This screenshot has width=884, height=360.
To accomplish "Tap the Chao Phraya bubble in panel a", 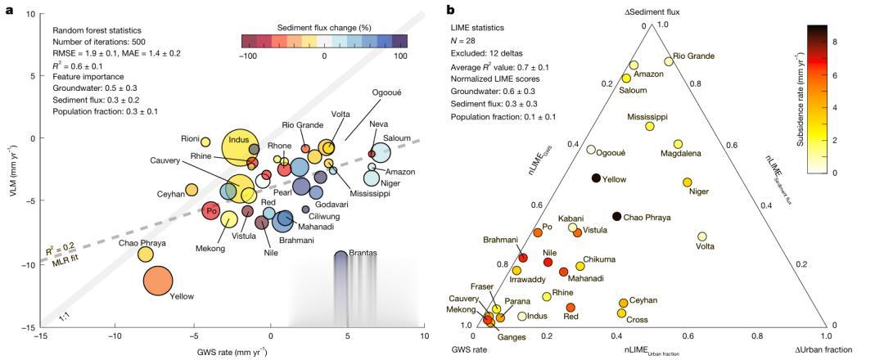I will pos(146,254).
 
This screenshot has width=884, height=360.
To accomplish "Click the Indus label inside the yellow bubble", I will pos(239,140).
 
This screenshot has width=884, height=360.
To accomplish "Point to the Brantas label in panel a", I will pos(363,253).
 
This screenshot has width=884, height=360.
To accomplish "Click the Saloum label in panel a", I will pos(397,138).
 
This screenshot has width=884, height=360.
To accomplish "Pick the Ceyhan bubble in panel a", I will pos(192,190).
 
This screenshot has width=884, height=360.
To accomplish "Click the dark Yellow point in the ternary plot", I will pos(597,178).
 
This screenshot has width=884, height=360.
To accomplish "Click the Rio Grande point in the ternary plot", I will pos(669,61).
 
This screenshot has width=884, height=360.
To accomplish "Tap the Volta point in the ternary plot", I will pos(701,236).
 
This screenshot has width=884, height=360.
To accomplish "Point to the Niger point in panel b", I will pos(687,182).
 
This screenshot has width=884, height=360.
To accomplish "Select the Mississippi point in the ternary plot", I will pos(650,126).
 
